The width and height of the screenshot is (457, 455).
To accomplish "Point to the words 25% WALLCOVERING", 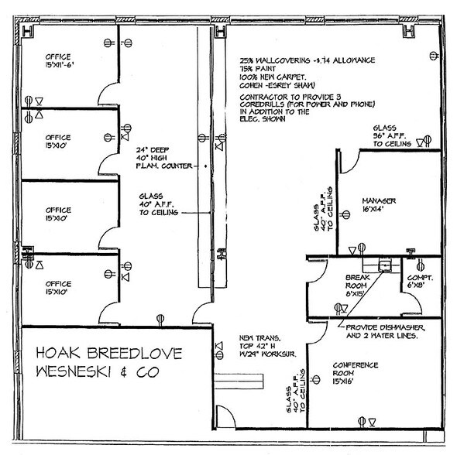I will pos(279,58).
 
